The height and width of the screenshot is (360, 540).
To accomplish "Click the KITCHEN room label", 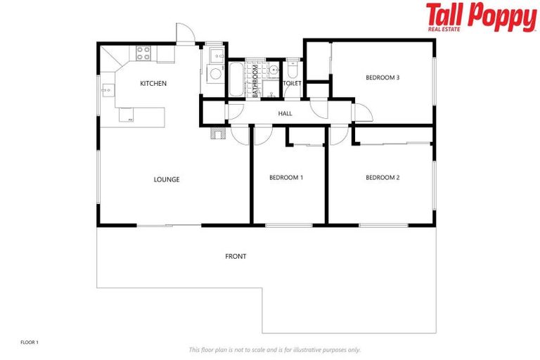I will tap(153, 84).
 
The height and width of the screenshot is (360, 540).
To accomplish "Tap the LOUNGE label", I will tap(167, 179).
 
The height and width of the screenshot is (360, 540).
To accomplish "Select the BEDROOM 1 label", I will tap(286, 178).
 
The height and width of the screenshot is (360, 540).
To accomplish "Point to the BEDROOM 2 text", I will tap(382, 178).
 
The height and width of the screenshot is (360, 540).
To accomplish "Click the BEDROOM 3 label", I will tap(382, 77).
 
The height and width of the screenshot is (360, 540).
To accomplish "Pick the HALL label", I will tap(285, 113).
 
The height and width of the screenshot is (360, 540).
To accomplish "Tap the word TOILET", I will tap(292, 84).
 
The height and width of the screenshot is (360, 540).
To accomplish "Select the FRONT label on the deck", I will tap(236, 257).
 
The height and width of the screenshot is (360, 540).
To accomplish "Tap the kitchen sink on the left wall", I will tap(105, 90).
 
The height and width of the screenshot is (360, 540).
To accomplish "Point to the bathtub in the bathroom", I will tap(235, 79).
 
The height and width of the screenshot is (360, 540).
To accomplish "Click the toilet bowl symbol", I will tap(292, 71).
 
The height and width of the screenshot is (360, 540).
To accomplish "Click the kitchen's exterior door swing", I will tap(184, 33).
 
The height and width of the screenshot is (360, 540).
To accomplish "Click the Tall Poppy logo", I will tap(480, 18).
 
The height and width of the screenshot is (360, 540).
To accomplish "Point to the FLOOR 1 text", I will tap(29, 342).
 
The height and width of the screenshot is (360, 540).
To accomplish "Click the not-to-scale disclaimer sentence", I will tap(274, 349).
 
